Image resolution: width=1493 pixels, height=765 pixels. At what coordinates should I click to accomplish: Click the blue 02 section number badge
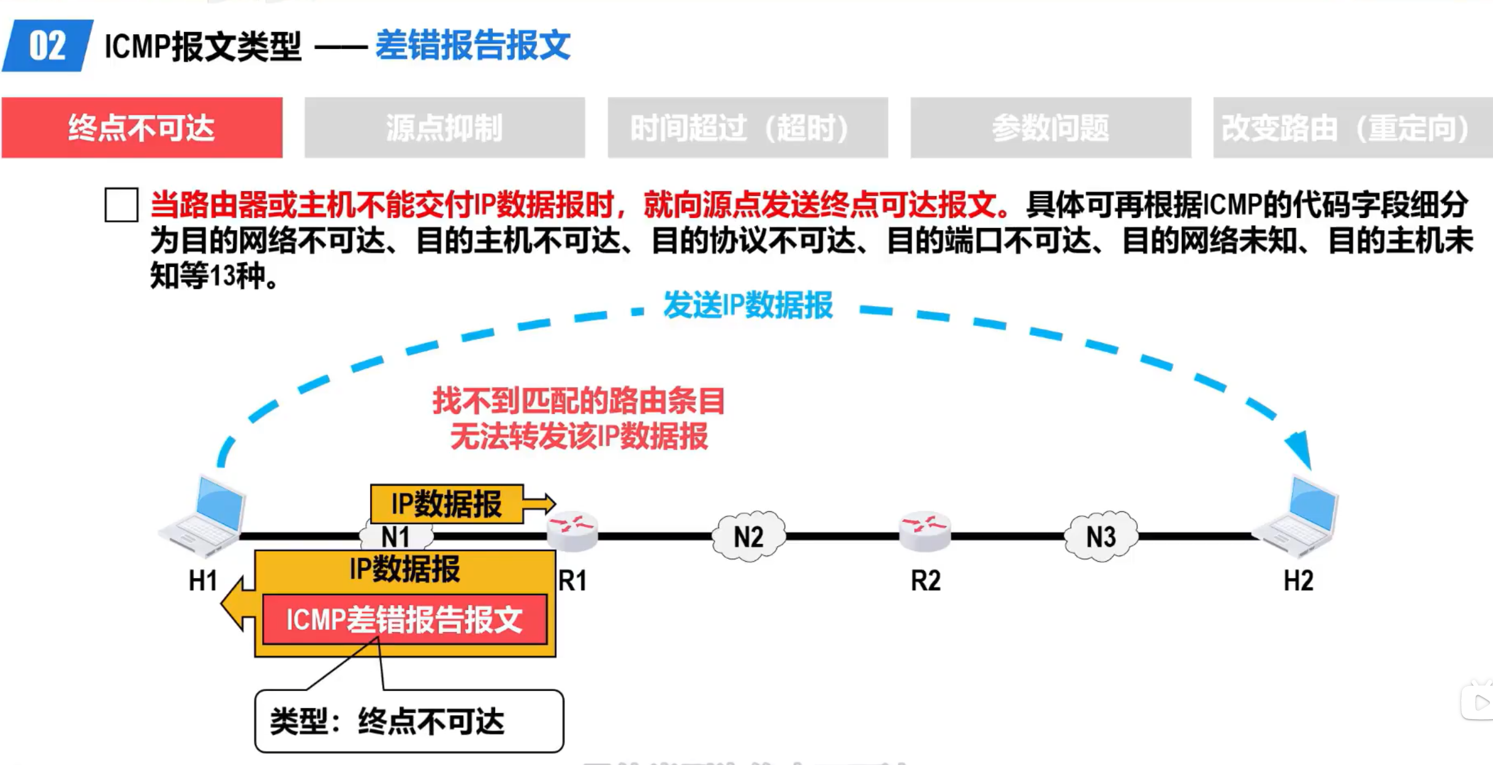48,46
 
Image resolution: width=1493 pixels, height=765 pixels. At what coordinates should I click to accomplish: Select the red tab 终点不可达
142,128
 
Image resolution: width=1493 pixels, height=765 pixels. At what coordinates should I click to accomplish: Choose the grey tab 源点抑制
444,128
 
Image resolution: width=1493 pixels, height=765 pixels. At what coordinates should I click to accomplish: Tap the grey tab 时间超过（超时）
747,128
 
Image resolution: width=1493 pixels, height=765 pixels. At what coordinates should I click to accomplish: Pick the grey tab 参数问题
1050,128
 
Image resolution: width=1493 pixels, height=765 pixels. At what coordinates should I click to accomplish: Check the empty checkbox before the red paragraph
121,205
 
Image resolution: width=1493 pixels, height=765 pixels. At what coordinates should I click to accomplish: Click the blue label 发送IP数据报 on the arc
748,305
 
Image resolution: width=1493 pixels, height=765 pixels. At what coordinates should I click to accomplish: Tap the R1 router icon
572,530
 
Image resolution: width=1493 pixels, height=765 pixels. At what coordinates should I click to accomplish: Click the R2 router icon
925,530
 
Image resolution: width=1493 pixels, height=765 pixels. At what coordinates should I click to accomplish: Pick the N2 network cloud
748,537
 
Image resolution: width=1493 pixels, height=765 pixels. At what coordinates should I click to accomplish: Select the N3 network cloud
1101,537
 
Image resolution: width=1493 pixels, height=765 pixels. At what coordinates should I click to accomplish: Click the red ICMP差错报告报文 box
405,619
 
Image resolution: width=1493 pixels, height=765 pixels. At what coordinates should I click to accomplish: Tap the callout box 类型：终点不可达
409,721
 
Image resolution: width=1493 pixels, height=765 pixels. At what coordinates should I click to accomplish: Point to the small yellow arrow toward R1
539,503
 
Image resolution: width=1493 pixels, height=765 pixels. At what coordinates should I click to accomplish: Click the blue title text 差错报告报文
473,45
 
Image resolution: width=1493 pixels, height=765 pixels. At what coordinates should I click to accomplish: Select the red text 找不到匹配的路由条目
579,401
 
